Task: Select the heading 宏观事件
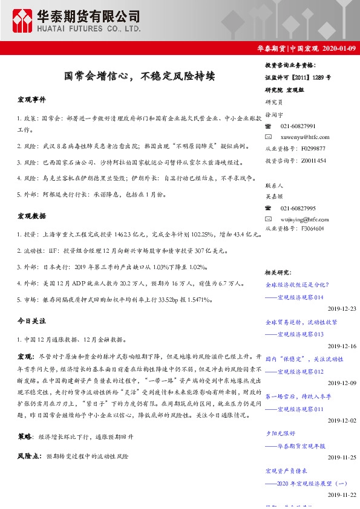point(31,99)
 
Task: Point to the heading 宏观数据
point(31,215)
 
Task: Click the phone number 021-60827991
point(298,126)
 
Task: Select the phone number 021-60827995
point(298,207)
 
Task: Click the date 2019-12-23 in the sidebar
point(342,308)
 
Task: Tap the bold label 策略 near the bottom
point(25,435)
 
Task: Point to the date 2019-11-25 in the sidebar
point(342,458)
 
